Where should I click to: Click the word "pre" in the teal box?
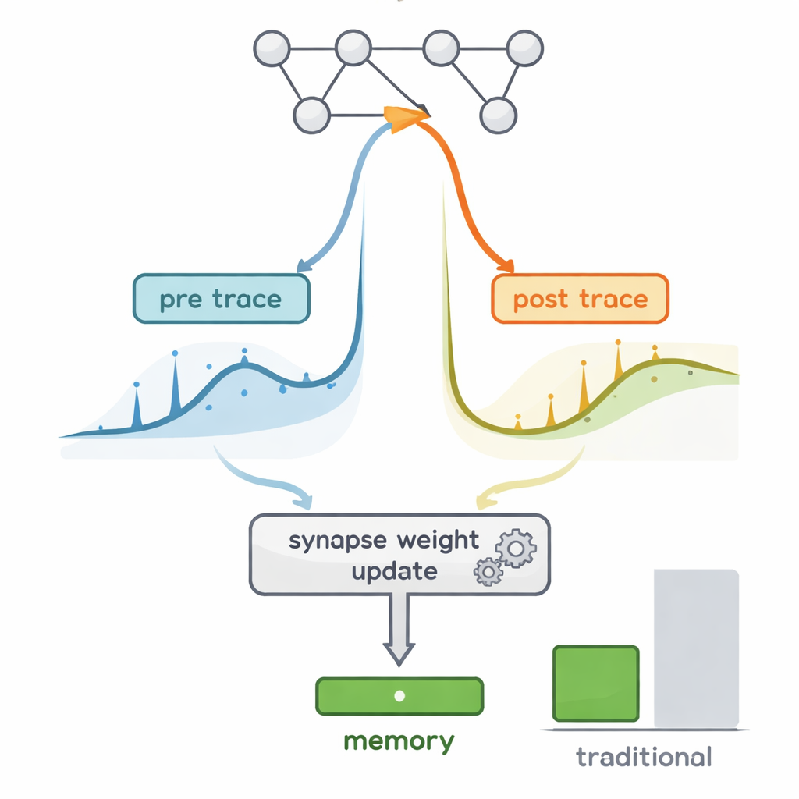pos(180,300)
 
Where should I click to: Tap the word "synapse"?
pos(338,542)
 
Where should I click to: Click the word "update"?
pos(393,570)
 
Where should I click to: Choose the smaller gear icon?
pos(488,573)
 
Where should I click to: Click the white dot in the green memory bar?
pos(399,696)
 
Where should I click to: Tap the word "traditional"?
pos(644,756)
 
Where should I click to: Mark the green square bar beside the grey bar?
pos(595,684)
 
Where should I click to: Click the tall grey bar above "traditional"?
pos(696,648)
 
